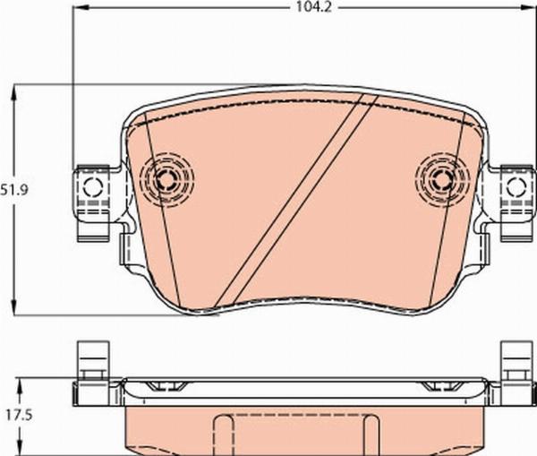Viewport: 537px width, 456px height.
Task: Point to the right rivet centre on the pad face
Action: [439, 178]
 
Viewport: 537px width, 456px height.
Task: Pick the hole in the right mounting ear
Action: [515, 187]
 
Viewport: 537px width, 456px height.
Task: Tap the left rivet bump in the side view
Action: [166, 386]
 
